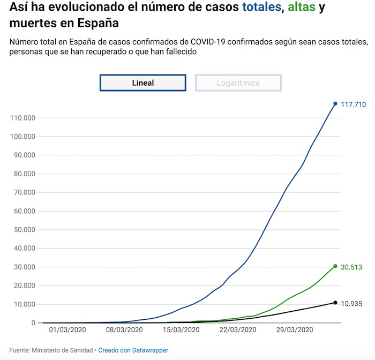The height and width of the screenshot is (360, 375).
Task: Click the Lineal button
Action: (x=142, y=83)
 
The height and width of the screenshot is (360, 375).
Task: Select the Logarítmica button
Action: (x=238, y=83)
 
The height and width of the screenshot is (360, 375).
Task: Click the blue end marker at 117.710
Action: (x=335, y=104)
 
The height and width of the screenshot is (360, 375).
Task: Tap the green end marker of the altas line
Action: (x=335, y=266)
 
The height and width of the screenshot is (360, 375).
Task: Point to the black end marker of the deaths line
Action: (x=335, y=303)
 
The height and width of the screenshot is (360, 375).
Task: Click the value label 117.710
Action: (x=354, y=105)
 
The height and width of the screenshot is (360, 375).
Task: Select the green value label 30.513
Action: (x=351, y=267)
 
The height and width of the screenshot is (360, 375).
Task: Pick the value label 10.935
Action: (x=352, y=304)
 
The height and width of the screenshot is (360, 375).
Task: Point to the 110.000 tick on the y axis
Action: (x=22, y=118)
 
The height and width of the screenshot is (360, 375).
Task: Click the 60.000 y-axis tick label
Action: (x=24, y=211)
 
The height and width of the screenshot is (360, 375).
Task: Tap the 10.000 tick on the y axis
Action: (x=24, y=304)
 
